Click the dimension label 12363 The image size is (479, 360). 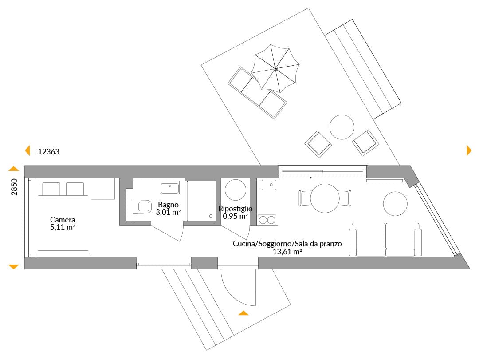(x=49, y=152)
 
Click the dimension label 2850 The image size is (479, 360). (x=14, y=187)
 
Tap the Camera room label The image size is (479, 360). (x=63, y=220)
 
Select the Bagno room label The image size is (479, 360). (x=169, y=205)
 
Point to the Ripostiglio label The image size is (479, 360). (x=236, y=209)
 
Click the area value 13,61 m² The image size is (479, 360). (x=287, y=252)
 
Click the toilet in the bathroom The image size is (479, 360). (x=142, y=207)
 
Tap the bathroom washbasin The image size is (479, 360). (x=169, y=187)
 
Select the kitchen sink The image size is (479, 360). (x=269, y=185)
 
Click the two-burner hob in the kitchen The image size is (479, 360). (x=267, y=220)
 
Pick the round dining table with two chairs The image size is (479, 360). (x=325, y=198)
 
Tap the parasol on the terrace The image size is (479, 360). (x=275, y=68)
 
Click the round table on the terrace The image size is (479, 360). (x=342, y=127)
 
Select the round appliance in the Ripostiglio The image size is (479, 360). (x=236, y=190)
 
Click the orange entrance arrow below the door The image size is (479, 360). (x=243, y=313)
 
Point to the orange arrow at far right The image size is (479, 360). (x=469, y=150)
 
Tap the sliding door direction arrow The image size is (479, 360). (x=298, y=178)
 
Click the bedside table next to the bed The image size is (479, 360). (x=103, y=188)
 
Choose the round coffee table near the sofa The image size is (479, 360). (x=395, y=204)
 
